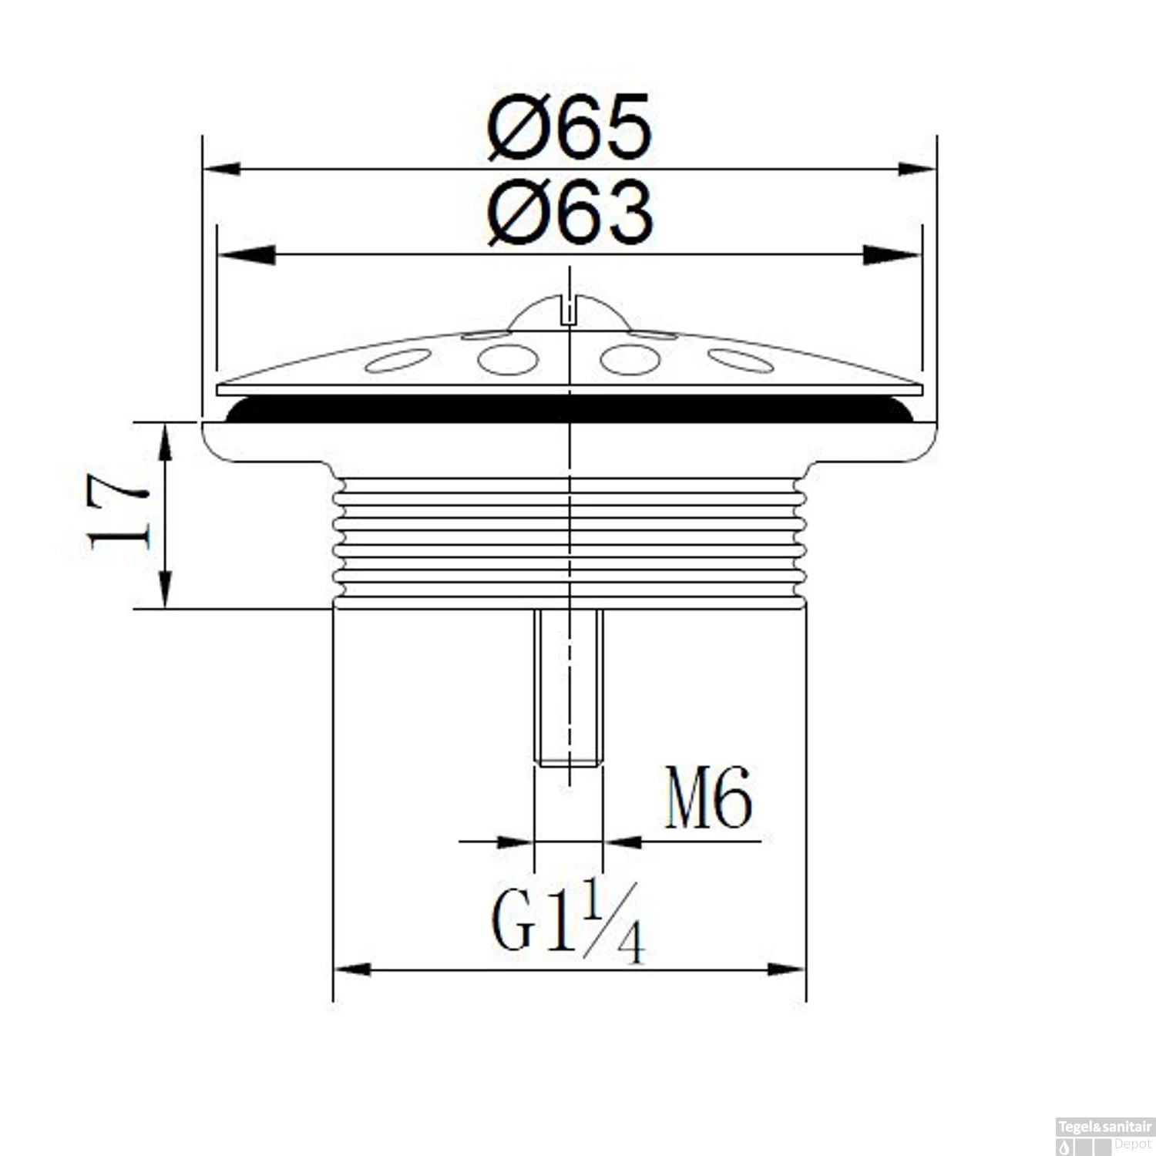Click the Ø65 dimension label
coord(570,128)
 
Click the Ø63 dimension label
coord(570,213)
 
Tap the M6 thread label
coord(707,799)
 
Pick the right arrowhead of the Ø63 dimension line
coord(892,254)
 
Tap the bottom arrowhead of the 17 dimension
coord(165,590)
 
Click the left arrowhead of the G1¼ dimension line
coord(353,969)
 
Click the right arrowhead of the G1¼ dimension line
coord(786,969)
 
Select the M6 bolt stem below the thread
coord(569,686)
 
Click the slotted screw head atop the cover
coord(569,311)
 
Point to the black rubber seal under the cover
coord(569,409)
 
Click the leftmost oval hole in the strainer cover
coord(398,360)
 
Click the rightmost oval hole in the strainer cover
coord(740,360)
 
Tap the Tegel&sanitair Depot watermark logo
coord(1104,1135)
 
